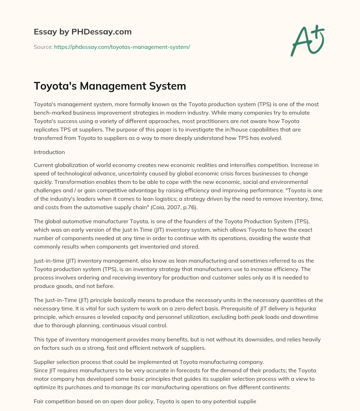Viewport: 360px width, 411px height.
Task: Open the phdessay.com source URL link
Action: tap(122, 47)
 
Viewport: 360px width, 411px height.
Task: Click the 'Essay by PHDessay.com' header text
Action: tap(83, 32)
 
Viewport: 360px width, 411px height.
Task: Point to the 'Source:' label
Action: tap(43, 47)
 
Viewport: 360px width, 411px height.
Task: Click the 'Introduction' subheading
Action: tap(49, 152)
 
